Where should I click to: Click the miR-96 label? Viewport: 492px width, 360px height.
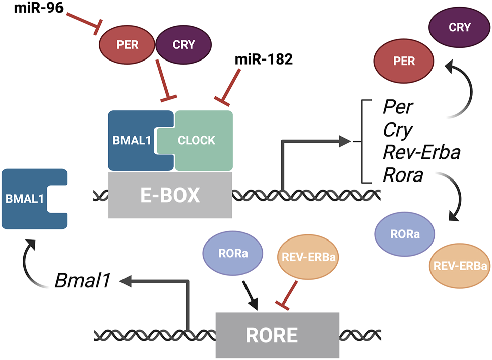click(39, 8)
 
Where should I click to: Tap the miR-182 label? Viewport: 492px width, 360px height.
click(264, 59)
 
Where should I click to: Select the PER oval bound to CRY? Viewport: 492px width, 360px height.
click(127, 44)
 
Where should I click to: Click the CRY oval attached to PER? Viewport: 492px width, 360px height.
click(183, 44)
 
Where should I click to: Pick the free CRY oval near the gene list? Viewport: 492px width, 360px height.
click(460, 27)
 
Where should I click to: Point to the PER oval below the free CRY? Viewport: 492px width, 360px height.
click(404, 61)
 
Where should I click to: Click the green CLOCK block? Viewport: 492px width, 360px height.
click(198, 141)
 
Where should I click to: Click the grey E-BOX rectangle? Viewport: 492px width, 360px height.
click(170, 195)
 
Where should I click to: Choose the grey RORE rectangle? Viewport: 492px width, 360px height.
click(277, 335)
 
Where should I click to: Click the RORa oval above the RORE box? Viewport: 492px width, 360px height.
click(233, 253)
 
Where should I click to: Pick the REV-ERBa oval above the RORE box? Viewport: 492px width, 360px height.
click(309, 257)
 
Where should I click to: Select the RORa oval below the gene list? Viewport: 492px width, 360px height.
click(405, 234)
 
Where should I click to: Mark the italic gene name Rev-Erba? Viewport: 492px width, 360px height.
click(421, 152)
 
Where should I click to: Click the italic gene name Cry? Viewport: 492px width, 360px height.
click(398, 130)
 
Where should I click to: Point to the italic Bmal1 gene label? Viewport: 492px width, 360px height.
click(83, 280)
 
